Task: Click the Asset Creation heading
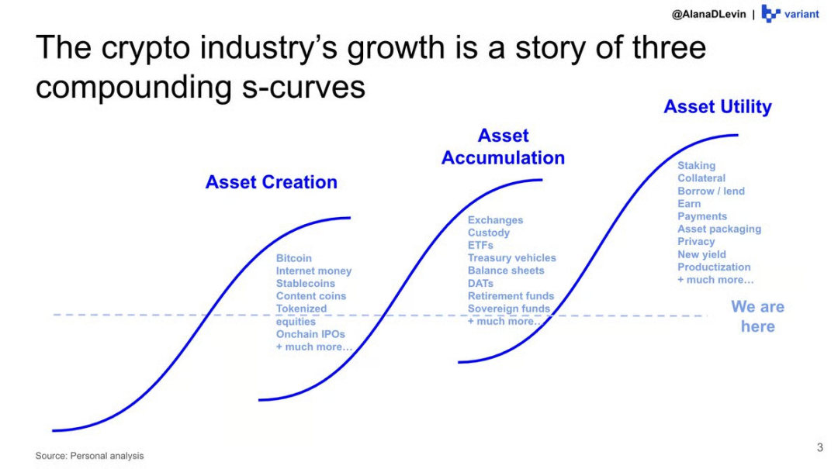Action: (x=272, y=182)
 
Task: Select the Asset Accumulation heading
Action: (x=503, y=147)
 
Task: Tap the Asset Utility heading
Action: (x=718, y=107)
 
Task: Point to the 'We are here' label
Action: (x=758, y=316)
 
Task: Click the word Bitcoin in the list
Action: (x=294, y=258)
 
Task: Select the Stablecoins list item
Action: (x=306, y=283)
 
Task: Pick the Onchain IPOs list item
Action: (x=310, y=334)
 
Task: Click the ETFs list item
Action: (x=480, y=245)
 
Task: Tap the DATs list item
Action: (x=480, y=283)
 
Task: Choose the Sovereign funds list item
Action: (x=509, y=309)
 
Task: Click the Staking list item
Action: (x=696, y=166)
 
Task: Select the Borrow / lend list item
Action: (x=712, y=191)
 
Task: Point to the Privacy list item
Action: (x=696, y=241)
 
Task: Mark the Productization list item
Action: (x=714, y=267)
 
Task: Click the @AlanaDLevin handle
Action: (x=708, y=15)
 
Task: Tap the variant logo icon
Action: (x=770, y=13)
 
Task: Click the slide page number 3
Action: (x=820, y=447)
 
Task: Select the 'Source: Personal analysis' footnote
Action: (x=90, y=456)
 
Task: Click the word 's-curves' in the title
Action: (x=303, y=87)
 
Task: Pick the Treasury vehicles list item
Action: (x=512, y=258)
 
